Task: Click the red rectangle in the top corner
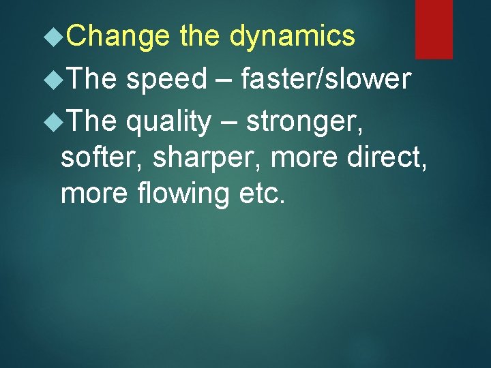click(434, 29)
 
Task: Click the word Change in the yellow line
click(119, 36)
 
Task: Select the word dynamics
click(293, 36)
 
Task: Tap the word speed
click(166, 80)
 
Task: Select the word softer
click(101, 159)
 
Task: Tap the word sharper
click(207, 159)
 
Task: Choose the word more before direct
click(300, 159)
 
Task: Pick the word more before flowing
click(95, 194)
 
